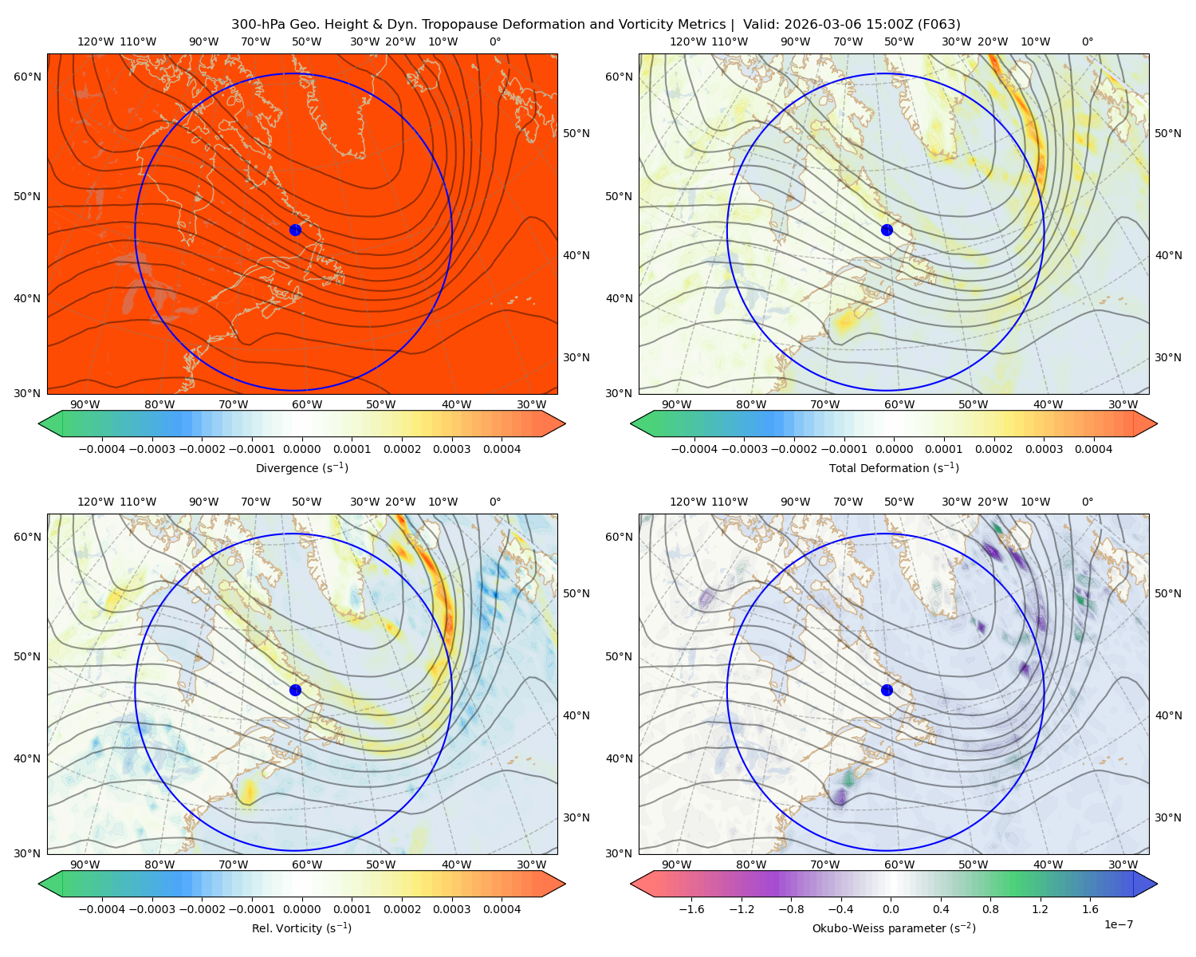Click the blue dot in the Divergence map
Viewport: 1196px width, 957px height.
click(295, 230)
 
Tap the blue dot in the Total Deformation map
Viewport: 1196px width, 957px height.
click(887, 230)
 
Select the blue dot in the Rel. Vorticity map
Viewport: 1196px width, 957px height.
click(295, 690)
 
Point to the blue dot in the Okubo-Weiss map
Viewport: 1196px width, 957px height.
click(887, 690)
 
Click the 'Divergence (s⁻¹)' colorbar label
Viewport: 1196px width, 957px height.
click(301, 467)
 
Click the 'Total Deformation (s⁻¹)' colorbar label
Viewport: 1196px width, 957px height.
click(894, 467)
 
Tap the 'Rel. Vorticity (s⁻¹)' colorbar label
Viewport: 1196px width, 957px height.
click(301, 927)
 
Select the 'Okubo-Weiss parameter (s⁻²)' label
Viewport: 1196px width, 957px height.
click(894, 927)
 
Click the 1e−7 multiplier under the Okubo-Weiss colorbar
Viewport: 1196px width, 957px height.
click(1118, 924)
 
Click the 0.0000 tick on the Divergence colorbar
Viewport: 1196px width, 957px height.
click(301, 449)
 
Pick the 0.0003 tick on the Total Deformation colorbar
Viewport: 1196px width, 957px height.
click(1044, 449)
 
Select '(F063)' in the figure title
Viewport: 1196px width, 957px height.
click(938, 25)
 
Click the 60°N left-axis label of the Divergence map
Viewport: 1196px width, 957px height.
click(27, 77)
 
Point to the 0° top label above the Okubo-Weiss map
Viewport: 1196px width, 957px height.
click(1087, 502)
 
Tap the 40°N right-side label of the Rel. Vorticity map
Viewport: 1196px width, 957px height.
click(576, 715)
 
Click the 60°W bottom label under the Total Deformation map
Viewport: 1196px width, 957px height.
click(899, 404)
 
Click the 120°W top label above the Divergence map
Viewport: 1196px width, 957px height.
click(96, 41)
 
